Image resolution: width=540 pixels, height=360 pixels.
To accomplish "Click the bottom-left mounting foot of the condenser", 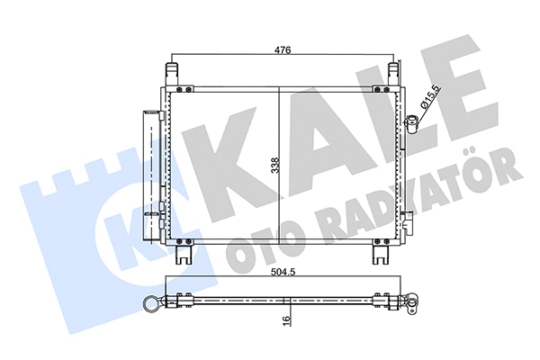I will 184,255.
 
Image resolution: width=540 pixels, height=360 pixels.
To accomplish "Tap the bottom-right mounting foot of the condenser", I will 379,255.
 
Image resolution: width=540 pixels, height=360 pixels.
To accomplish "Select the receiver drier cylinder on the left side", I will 149,166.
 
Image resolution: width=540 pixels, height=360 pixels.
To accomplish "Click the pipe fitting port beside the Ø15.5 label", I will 412,122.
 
